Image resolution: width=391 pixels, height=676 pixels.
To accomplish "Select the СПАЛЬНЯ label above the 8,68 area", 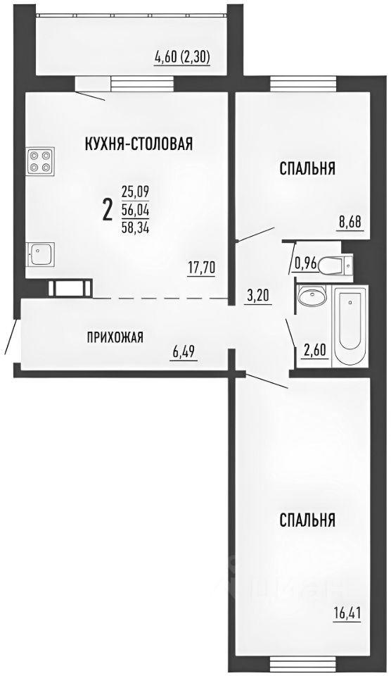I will point(307,169).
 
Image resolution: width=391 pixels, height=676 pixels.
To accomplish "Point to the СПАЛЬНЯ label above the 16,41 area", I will point(307,521).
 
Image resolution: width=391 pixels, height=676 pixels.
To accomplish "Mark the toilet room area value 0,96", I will point(305,265).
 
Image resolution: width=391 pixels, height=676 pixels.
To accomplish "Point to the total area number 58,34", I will point(135,227).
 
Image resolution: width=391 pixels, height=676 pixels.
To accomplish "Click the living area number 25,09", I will point(135,191).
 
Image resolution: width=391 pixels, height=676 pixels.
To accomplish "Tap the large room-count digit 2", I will point(108,209).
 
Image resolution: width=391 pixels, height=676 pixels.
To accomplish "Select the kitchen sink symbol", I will point(39,254).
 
